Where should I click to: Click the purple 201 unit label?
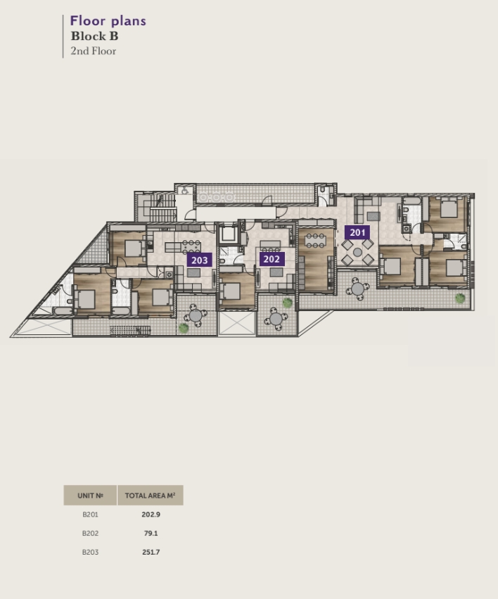coord(357,232)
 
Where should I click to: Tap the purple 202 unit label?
coord(272,259)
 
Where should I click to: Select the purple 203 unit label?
coord(199,260)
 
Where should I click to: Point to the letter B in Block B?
coord(114,36)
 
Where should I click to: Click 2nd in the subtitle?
coord(79,51)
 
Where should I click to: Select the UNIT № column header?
coord(90,496)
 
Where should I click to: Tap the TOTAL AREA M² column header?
coord(151,496)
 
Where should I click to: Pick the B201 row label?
coord(90,515)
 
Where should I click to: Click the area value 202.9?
coord(151,515)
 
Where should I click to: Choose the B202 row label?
coord(90,534)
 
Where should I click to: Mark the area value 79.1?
coord(151,534)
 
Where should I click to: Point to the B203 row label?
coord(90,552)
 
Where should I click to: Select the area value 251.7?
coord(151,552)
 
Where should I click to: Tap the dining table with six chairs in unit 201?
coord(315,241)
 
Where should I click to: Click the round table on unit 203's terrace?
coord(196,315)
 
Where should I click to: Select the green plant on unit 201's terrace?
coord(460,298)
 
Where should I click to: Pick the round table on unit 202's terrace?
coord(276,318)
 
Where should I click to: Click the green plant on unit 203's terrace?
coord(184,328)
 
